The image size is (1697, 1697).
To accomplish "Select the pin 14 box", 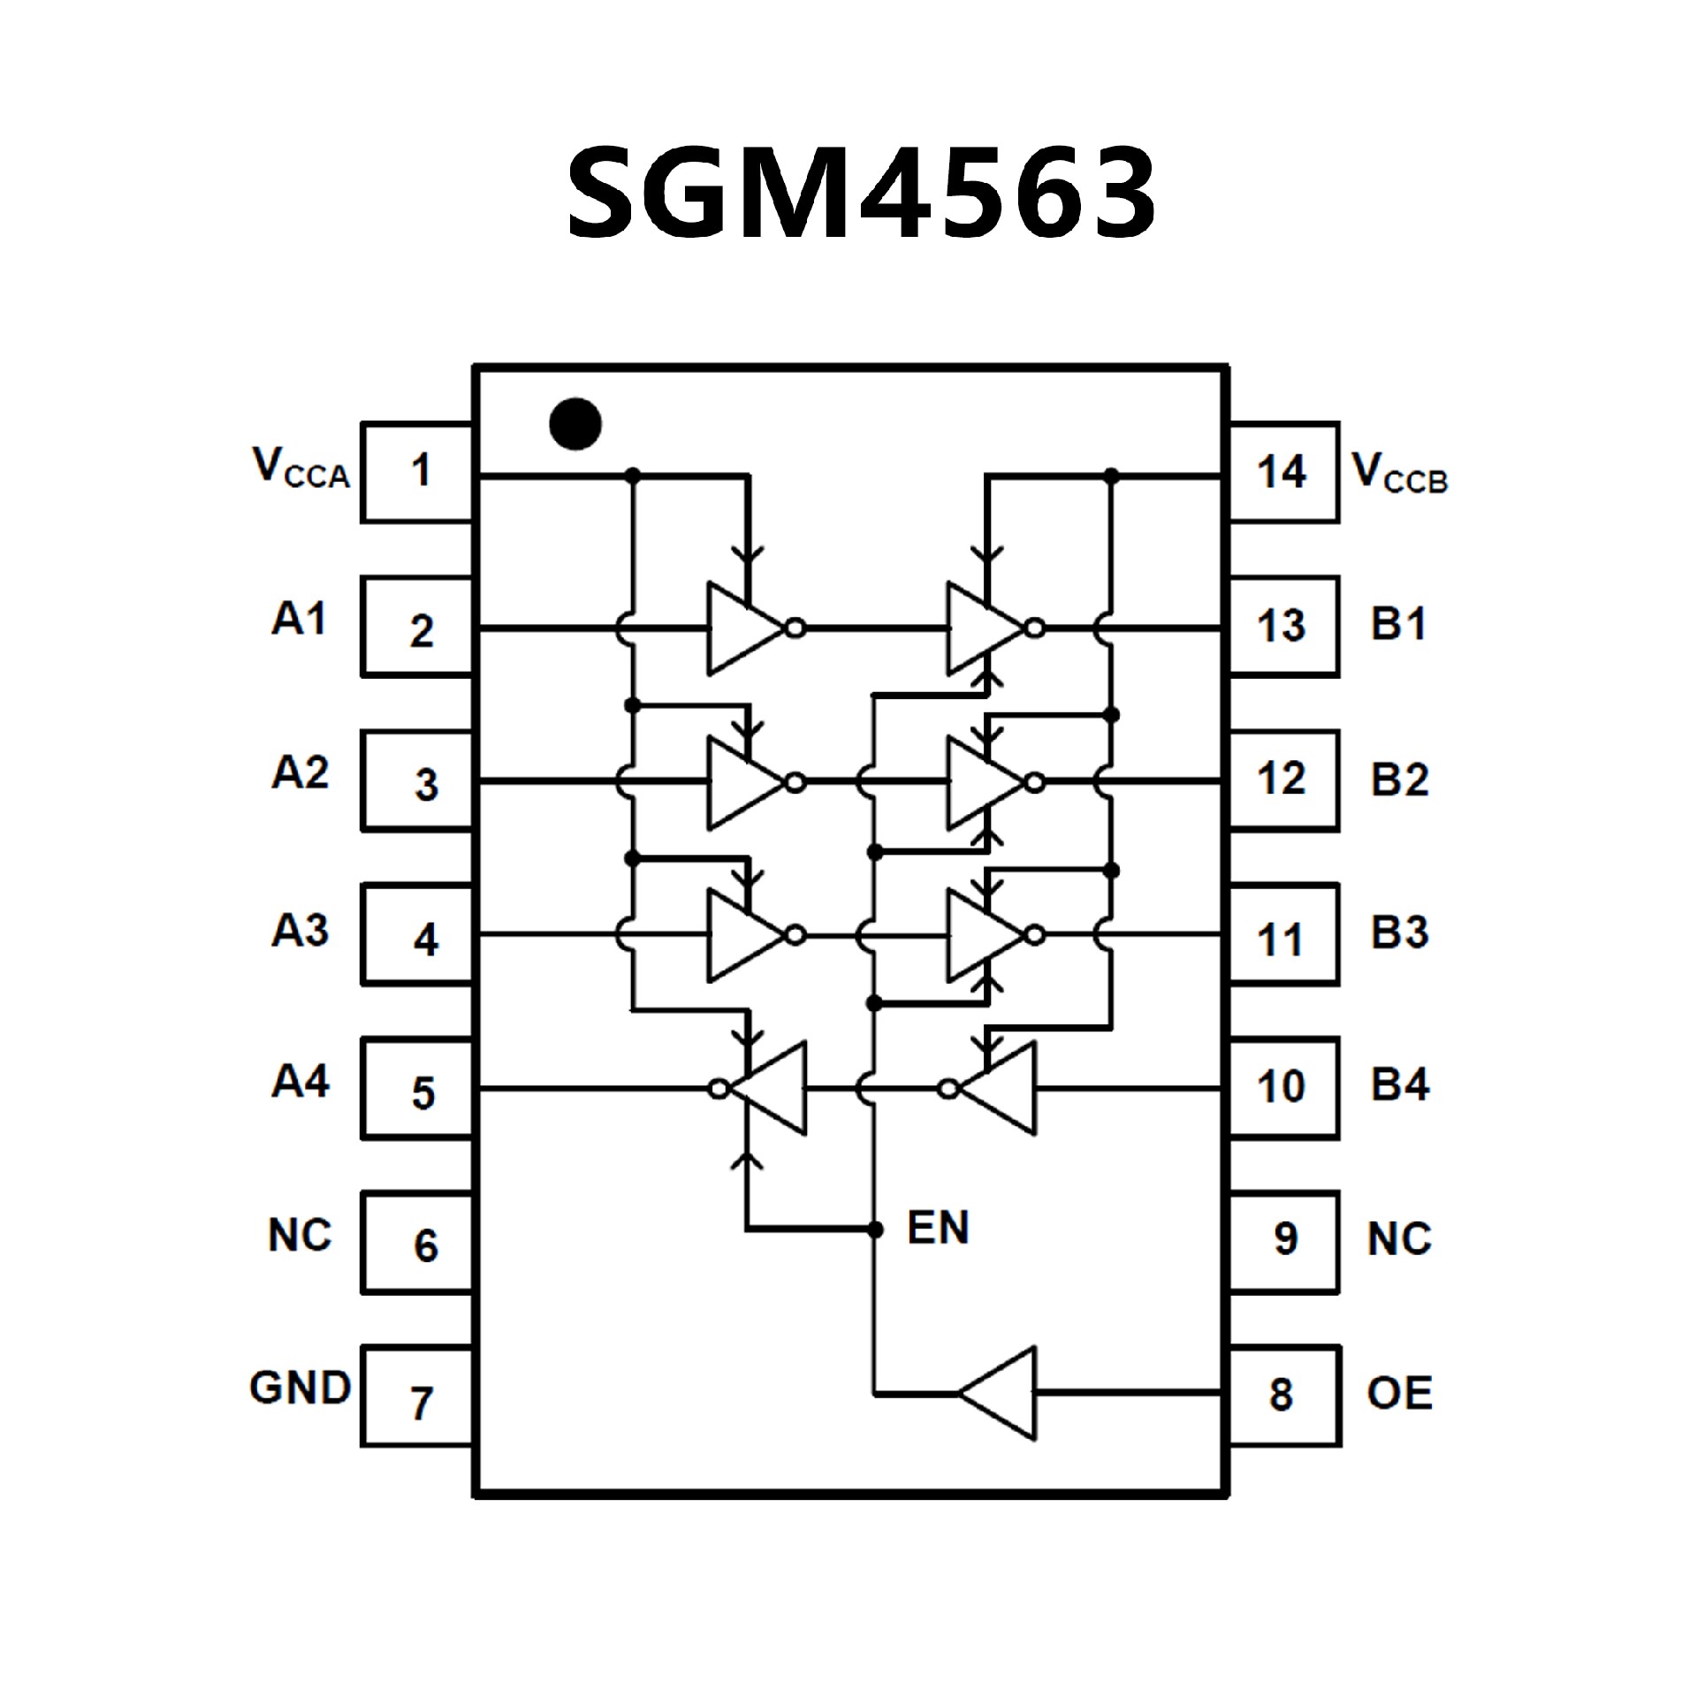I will (x=1283, y=473).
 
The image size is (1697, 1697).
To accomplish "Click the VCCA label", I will (x=301, y=468).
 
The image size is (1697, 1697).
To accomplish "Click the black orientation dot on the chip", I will (x=575, y=423).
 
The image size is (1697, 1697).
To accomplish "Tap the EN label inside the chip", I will (x=938, y=1228).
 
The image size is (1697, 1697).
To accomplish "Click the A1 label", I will (x=299, y=620).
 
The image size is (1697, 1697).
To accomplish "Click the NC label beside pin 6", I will (x=300, y=1236).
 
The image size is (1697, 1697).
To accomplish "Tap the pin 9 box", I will (x=1283, y=1241).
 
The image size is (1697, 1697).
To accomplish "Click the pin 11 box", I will (x=1283, y=935).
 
